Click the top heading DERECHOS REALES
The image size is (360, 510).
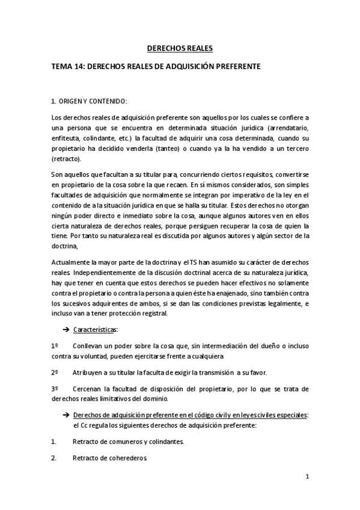click(180, 48)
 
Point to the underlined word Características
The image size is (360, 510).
click(95, 330)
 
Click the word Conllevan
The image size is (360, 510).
click(89, 346)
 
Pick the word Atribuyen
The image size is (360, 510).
click(89, 372)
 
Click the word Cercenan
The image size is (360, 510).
click(88, 389)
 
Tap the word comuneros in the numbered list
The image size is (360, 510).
click(122, 441)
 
